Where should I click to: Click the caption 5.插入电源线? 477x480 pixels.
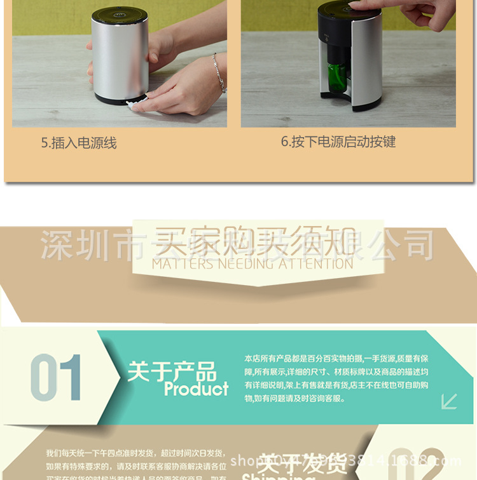[79, 143]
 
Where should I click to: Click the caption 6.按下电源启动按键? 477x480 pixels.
[338, 142]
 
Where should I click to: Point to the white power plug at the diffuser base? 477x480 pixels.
[134, 103]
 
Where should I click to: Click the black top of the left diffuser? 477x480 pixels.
[120, 14]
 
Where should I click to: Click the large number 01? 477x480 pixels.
[56, 378]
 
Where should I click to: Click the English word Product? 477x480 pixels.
[196, 389]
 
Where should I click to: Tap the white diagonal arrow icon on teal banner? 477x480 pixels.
[450, 401]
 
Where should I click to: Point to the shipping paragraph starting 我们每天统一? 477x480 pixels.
[135, 464]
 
